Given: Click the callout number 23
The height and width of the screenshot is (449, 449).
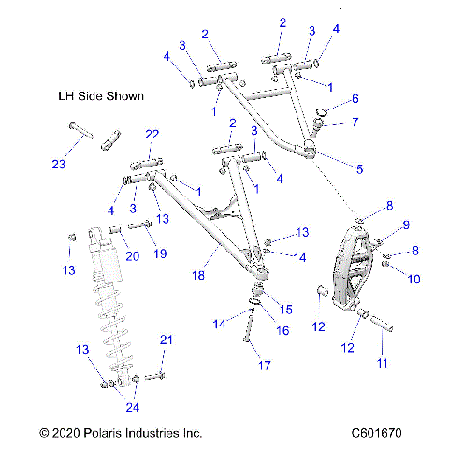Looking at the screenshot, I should tap(60, 164).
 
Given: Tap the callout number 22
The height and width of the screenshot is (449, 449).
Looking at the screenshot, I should tap(152, 135).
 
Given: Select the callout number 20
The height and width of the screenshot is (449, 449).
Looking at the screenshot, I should tap(132, 254).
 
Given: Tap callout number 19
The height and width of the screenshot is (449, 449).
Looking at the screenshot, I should tap(160, 253).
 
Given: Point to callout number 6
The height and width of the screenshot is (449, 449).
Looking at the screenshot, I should tap(355, 99).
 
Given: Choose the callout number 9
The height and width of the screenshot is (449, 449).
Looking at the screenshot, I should tap(380, 224).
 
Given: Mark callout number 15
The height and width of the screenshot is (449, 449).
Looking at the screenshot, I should tap(286, 308).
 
